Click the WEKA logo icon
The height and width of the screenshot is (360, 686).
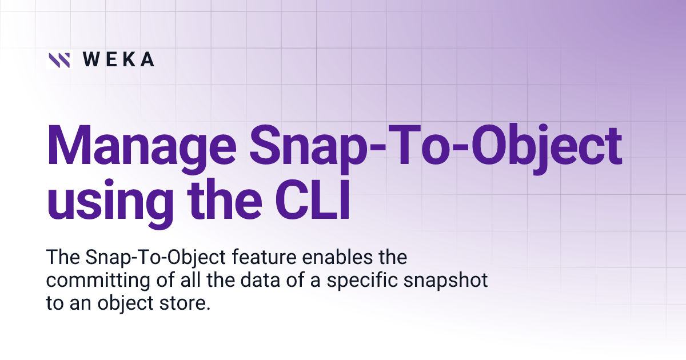click(59, 59)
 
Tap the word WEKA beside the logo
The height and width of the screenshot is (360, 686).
click(118, 59)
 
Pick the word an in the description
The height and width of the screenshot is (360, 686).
click(74, 304)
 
